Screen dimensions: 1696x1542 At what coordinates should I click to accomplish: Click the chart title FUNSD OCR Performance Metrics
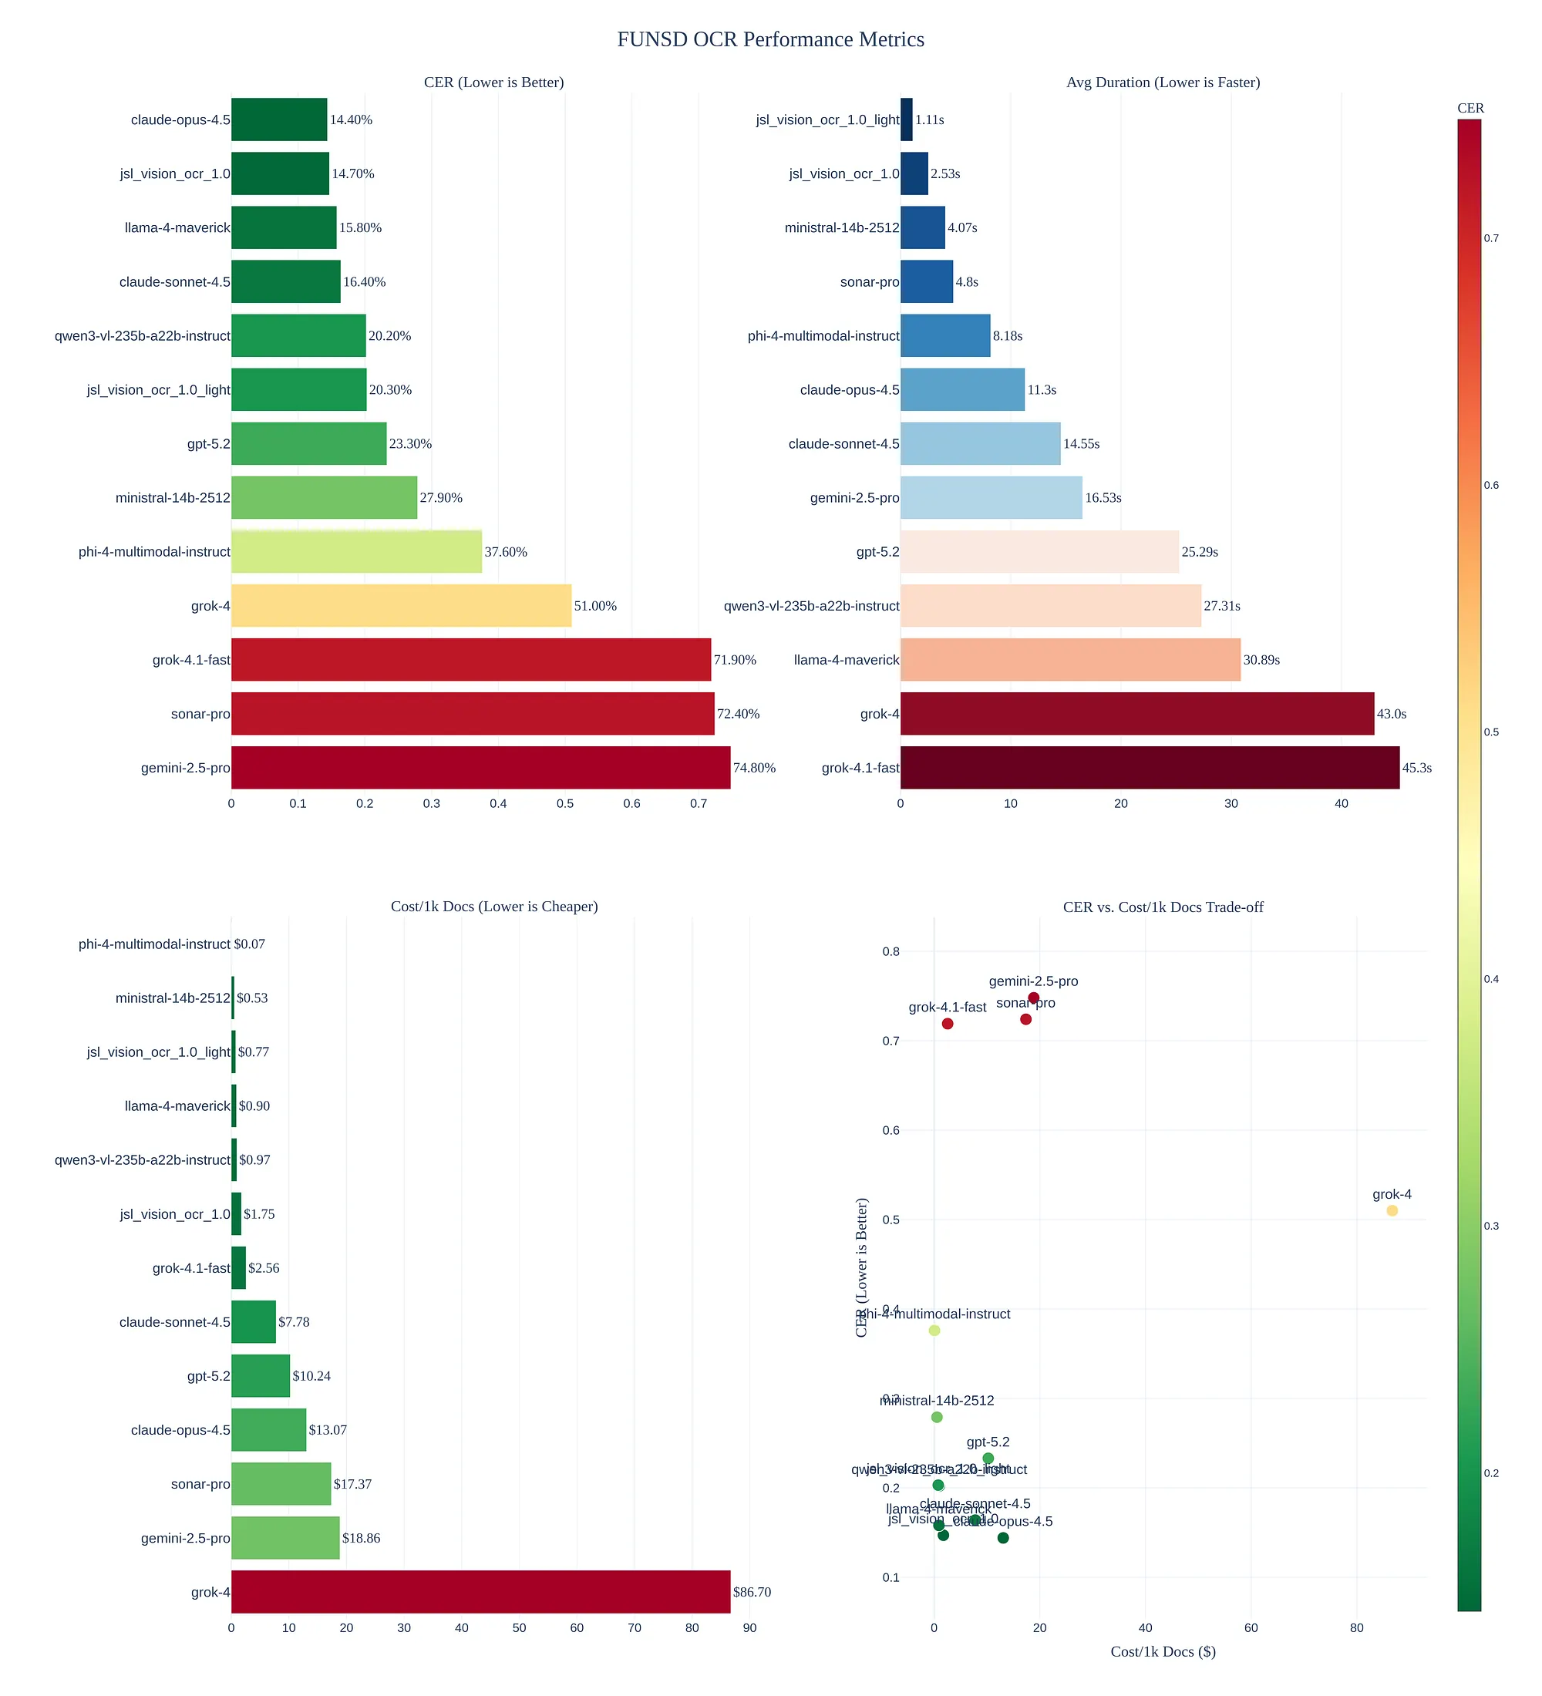[770, 39]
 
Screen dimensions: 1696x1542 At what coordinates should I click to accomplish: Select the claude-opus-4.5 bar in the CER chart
[279, 119]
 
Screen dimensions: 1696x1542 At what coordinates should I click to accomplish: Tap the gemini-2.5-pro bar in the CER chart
[480, 767]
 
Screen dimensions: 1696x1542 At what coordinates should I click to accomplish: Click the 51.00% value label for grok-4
[594, 606]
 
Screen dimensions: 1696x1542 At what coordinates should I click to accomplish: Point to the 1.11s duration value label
[930, 119]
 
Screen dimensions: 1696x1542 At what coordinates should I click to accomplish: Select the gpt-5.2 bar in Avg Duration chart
[1039, 552]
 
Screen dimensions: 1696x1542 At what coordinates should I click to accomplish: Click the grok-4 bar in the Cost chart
[480, 1592]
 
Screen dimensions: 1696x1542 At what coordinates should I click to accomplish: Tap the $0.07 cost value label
[249, 944]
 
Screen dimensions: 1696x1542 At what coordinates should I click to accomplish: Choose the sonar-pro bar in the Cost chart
[281, 1484]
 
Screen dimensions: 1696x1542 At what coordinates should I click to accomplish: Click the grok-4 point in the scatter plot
[1392, 1210]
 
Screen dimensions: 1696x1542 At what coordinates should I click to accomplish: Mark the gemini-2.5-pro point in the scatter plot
[1034, 998]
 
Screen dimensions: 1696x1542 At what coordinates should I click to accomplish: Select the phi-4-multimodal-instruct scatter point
[934, 1330]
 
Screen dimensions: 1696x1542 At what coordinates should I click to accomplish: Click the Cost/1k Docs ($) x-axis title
[1163, 1651]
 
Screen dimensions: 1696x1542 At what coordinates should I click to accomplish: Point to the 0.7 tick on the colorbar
[1490, 238]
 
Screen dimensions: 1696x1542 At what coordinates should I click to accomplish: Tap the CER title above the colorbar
[1470, 108]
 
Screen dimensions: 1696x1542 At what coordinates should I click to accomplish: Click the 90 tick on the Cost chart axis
[749, 1628]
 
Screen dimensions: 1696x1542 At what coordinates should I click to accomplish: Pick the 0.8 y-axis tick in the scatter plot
[891, 951]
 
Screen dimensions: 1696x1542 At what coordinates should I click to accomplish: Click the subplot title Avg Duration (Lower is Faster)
[1163, 82]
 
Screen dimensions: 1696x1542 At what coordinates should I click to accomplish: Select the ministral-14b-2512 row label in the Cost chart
[173, 998]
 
